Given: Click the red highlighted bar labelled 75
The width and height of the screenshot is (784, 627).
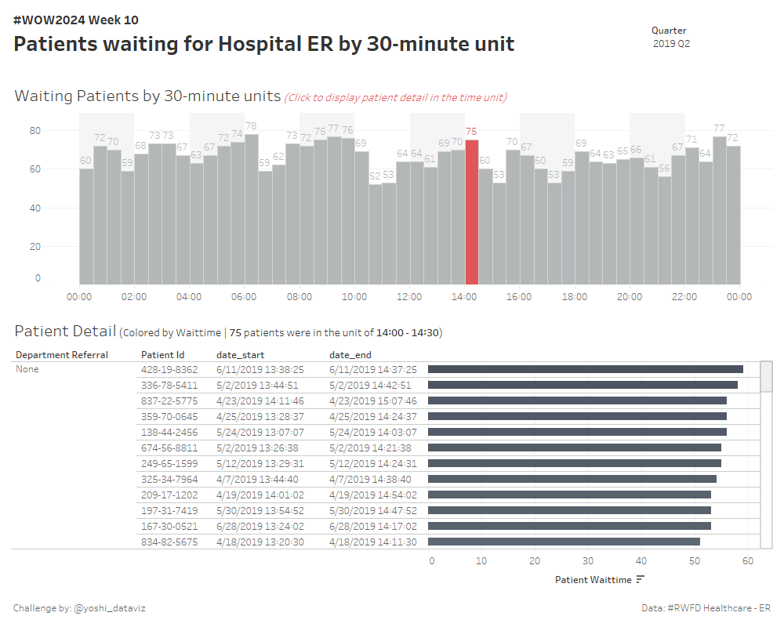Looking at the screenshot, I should [x=471, y=212].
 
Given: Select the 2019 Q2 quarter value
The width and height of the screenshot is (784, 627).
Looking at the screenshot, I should [x=671, y=44].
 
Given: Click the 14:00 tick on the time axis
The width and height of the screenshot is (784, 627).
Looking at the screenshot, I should [x=464, y=297].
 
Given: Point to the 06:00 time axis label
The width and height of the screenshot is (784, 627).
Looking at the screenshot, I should [x=244, y=297].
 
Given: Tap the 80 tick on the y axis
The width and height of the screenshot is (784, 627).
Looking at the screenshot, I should [x=35, y=130].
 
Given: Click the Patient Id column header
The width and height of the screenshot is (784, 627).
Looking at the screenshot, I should [x=162, y=355].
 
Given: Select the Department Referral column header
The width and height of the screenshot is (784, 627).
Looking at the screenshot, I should [x=62, y=355].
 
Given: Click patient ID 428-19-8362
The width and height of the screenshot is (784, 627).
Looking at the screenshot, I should [x=169, y=369].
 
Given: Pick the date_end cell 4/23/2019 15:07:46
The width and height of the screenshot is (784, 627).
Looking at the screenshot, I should [x=373, y=400].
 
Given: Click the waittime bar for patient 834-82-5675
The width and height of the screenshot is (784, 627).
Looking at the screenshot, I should [x=564, y=542].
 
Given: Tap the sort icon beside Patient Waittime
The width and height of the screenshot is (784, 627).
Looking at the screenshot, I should [x=641, y=580].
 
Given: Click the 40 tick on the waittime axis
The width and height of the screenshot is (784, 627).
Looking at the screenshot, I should [x=641, y=561].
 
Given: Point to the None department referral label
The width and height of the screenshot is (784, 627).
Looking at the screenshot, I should [x=27, y=369].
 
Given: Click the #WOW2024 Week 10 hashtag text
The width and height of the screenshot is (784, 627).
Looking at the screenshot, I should [x=76, y=20].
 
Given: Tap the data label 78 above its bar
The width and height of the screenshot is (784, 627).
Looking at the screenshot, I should [x=251, y=126].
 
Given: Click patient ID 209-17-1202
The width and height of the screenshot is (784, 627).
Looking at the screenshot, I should [x=169, y=495].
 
